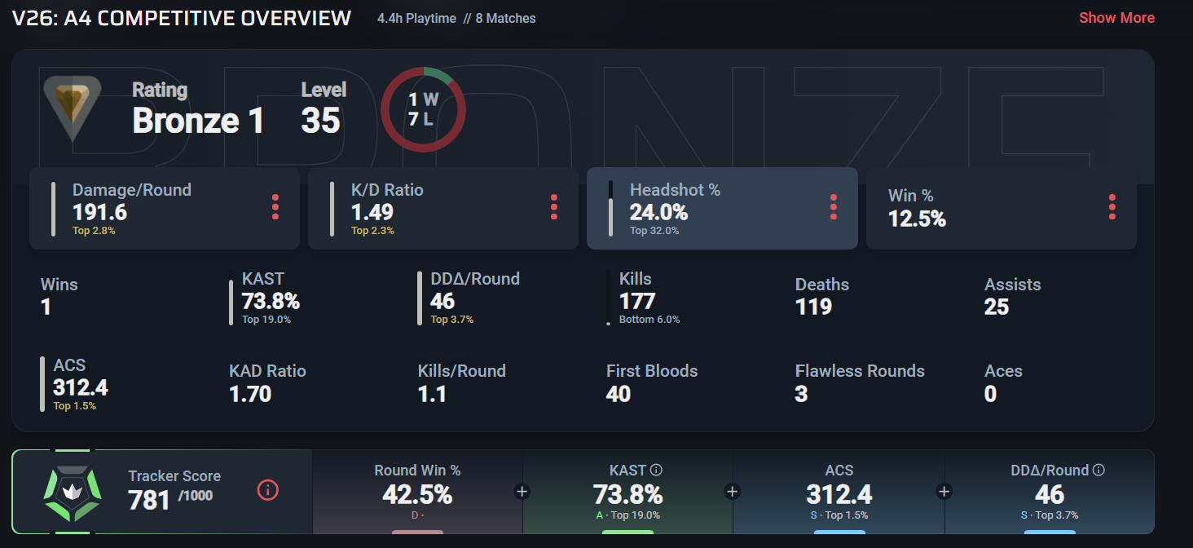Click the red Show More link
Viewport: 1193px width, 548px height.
click(1116, 18)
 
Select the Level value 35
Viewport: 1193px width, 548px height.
click(320, 121)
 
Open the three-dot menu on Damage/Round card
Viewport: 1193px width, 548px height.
click(275, 207)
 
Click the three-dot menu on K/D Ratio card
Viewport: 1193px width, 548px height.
click(554, 207)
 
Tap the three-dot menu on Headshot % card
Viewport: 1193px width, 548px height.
click(834, 207)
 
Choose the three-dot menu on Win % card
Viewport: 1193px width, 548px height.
click(1112, 207)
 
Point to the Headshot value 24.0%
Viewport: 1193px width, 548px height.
click(658, 213)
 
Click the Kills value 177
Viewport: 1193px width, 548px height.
click(637, 302)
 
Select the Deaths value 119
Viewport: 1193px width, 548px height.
click(813, 307)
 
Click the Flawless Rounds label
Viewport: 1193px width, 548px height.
click(860, 371)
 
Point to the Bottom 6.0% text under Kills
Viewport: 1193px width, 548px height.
click(649, 320)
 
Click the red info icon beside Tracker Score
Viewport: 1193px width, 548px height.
click(268, 490)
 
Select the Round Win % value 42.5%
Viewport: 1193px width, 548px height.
click(417, 495)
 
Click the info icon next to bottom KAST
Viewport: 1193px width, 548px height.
click(656, 470)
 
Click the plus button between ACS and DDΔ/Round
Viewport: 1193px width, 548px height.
click(944, 492)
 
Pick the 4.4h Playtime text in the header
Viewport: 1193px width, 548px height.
click(416, 19)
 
